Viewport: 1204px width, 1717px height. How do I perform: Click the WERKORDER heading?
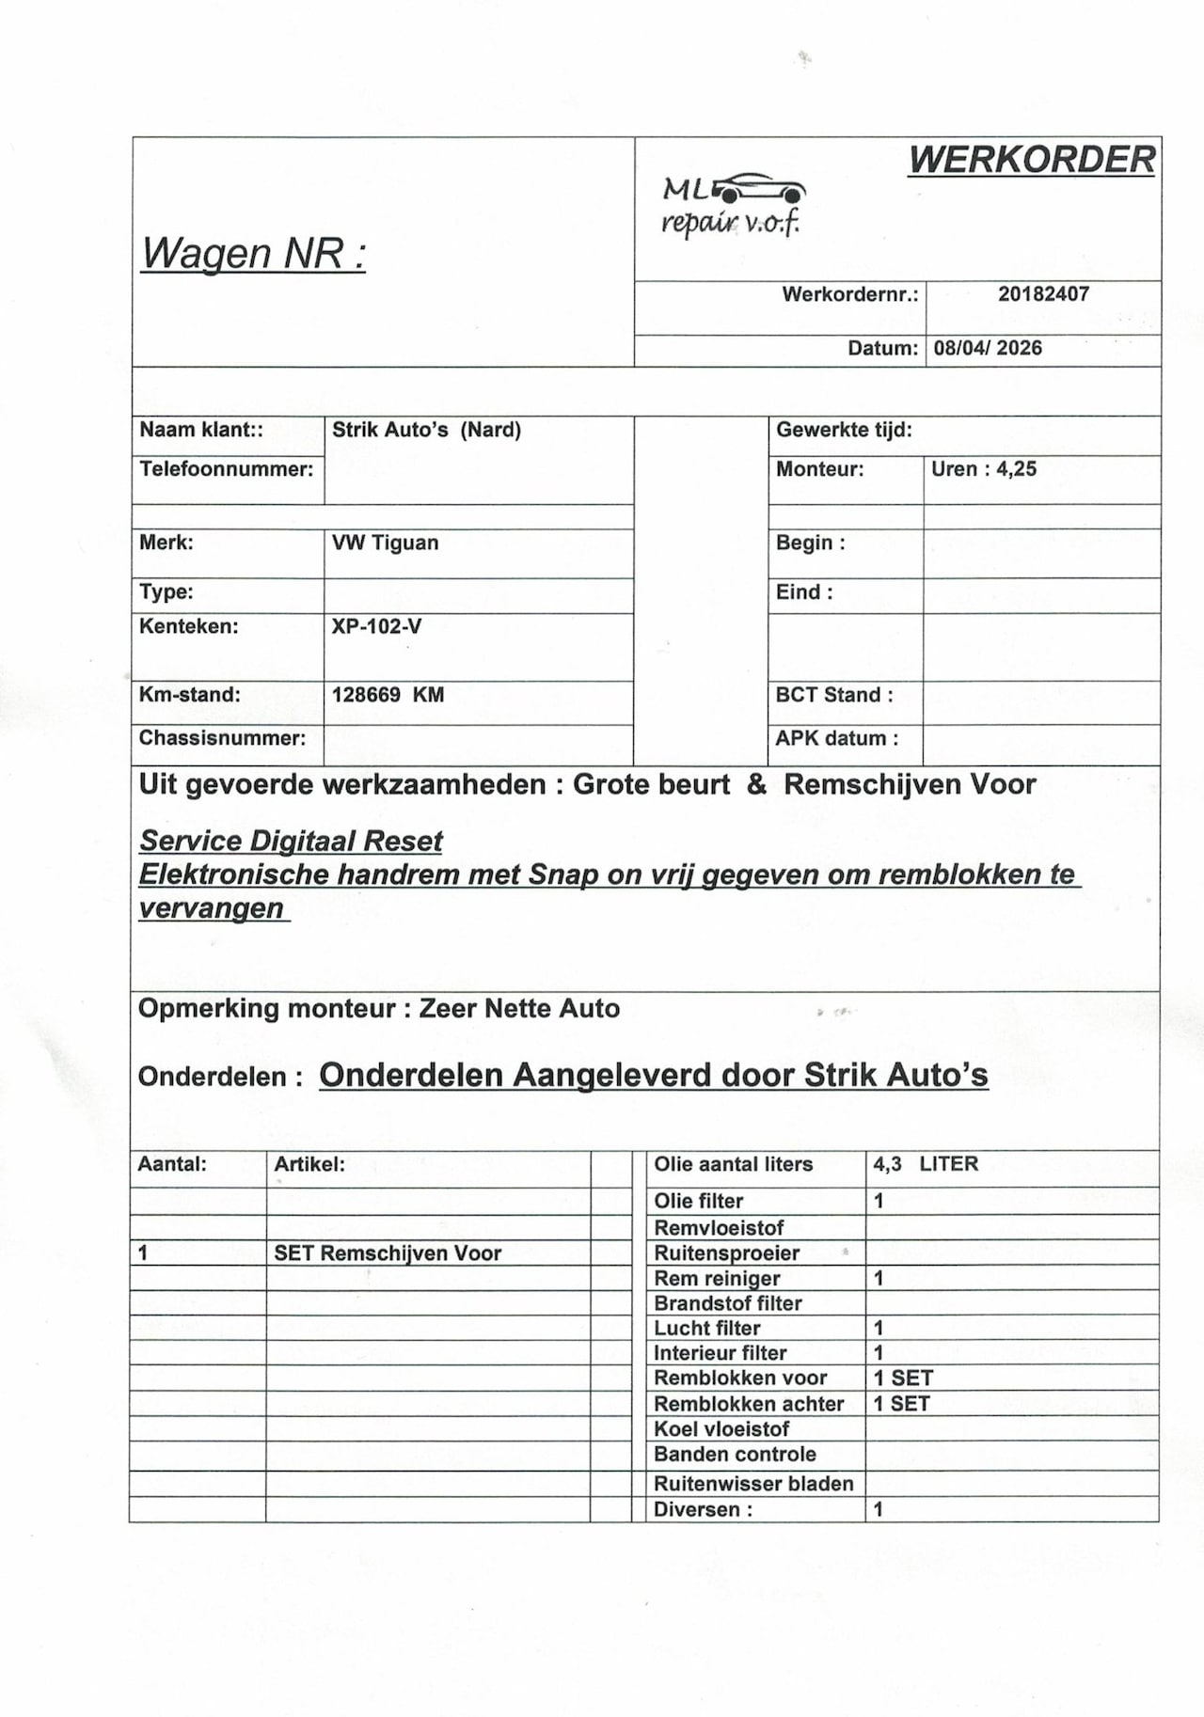pyautogui.click(x=1032, y=161)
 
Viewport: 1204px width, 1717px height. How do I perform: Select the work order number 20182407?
pyautogui.click(x=1043, y=294)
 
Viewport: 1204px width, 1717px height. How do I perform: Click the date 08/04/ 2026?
pyautogui.click(x=988, y=349)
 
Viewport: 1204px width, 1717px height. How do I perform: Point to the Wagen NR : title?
pyautogui.click(x=253, y=253)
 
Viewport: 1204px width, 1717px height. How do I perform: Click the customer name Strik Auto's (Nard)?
pyautogui.click(x=426, y=431)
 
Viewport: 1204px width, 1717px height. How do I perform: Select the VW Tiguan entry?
pyautogui.click(x=385, y=543)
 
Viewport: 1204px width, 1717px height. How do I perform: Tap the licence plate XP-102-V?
pyautogui.click(x=376, y=627)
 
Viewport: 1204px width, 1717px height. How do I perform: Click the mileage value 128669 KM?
pyautogui.click(x=388, y=696)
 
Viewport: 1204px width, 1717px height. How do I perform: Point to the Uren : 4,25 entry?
pyautogui.click(x=984, y=469)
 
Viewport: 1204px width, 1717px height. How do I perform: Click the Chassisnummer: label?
pyautogui.click(x=222, y=739)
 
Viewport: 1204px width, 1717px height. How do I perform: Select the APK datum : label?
pyautogui.click(x=836, y=739)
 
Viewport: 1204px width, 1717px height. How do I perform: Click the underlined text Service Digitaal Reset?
pyautogui.click(x=291, y=841)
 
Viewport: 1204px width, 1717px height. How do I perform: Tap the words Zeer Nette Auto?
pyautogui.click(x=519, y=1009)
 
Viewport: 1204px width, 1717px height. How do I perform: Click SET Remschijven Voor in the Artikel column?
pyautogui.click(x=388, y=1253)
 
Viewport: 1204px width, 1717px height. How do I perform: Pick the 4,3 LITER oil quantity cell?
pyautogui.click(x=926, y=1164)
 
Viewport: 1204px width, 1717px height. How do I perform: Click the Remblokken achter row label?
pyautogui.click(x=749, y=1404)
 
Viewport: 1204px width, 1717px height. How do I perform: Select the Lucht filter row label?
pyautogui.click(x=707, y=1329)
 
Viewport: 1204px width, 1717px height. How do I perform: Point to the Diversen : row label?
pyautogui.click(x=704, y=1510)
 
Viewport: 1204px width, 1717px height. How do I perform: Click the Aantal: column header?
pyautogui.click(x=172, y=1164)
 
